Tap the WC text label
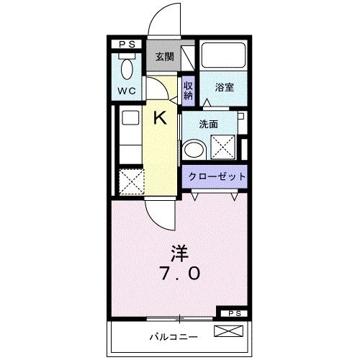tap(128, 92)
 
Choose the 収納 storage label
tap(188, 91)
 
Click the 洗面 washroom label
tap(209, 123)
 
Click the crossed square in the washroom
tap(223, 148)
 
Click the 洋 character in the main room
tap(179, 253)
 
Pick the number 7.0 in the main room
tap(179, 274)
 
